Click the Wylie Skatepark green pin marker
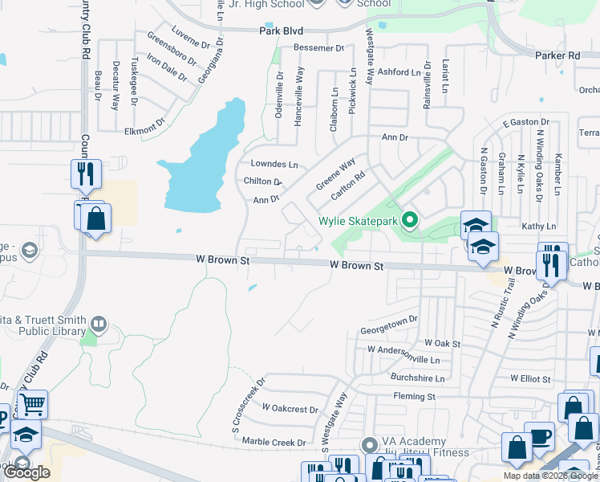(409, 219)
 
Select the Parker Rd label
(557, 55)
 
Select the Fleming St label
(414, 396)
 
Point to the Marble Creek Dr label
(274, 443)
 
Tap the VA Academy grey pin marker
(369, 444)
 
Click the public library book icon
(99, 325)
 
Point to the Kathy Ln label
(538, 227)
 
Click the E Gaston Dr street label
(523, 122)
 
